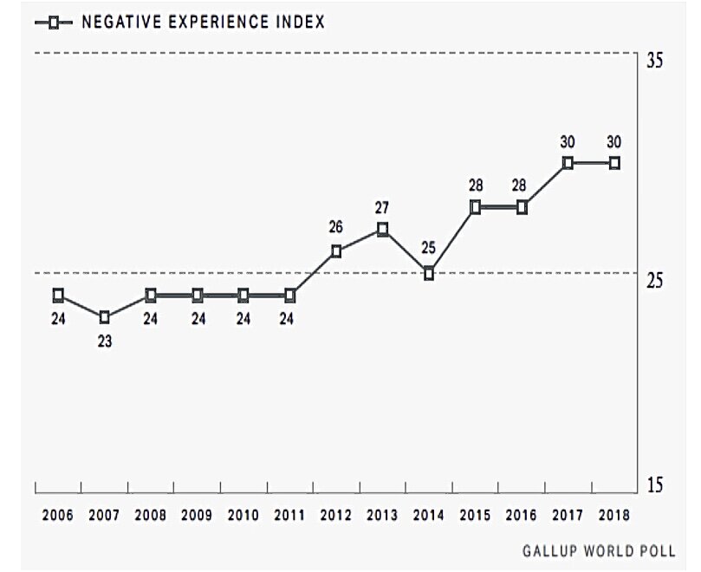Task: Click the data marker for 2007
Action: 105,317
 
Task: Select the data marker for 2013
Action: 382,230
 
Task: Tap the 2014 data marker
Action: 429,274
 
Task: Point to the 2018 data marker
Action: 614,163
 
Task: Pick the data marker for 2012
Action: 336,252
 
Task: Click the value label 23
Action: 105,341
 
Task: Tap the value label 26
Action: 336,228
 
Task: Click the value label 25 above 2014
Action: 429,249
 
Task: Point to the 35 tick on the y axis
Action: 654,62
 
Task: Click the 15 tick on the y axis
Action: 654,486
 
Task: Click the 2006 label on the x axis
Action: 58,515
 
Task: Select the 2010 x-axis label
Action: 243,515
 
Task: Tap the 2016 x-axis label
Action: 522,515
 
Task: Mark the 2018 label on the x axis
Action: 614,515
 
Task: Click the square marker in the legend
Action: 54,23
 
